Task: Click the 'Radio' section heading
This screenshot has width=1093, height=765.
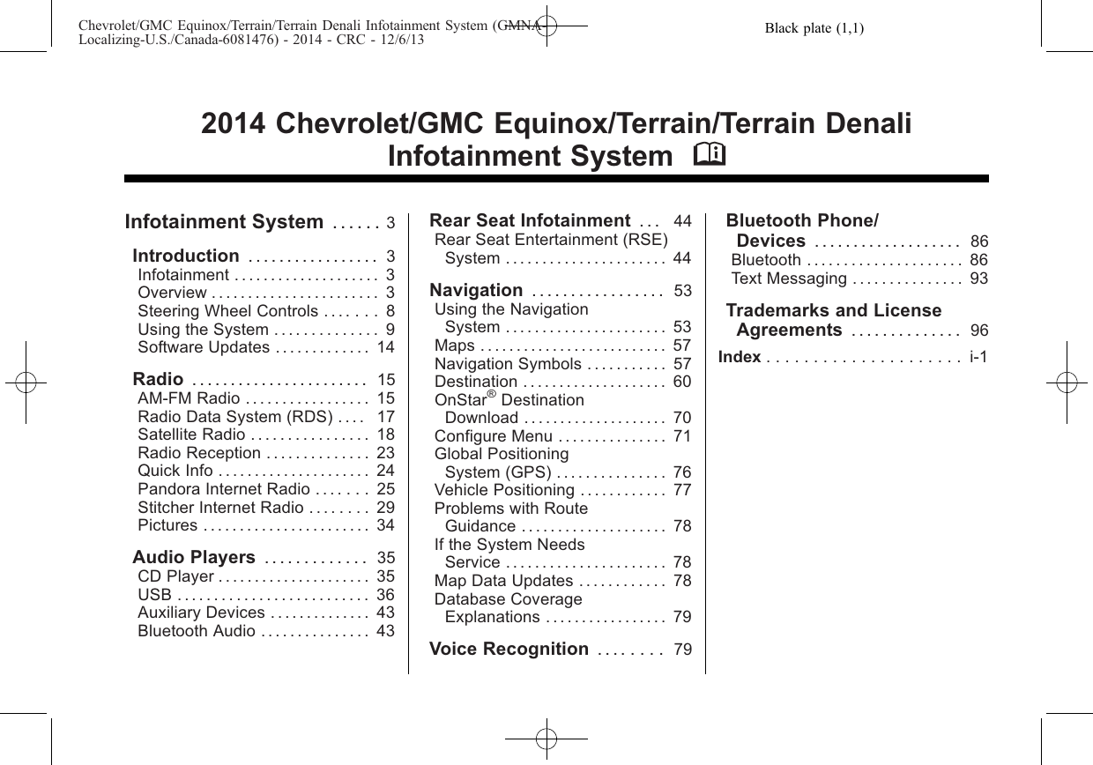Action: click(158, 379)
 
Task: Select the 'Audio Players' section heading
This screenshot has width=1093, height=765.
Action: click(194, 557)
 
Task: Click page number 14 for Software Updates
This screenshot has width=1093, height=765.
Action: click(385, 347)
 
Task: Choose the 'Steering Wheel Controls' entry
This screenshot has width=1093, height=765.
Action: click(227, 311)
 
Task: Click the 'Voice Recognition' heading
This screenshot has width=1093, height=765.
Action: click(509, 650)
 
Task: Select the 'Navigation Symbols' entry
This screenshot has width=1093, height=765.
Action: click(508, 364)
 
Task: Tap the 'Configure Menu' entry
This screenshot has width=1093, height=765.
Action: click(494, 436)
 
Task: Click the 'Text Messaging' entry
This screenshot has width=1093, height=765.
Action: click(789, 279)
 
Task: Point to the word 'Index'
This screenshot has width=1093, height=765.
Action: click(740, 357)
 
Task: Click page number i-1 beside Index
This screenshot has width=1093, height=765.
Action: click(978, 357)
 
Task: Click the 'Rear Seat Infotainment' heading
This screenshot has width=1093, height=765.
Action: click(529, 220)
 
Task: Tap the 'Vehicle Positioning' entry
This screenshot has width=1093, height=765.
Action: click(504, 490)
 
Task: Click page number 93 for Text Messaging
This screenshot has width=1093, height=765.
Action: click(978, 279)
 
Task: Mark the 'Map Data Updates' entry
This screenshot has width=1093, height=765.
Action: click(503, 581)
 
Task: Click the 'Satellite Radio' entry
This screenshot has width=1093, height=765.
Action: click(191, 434)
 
